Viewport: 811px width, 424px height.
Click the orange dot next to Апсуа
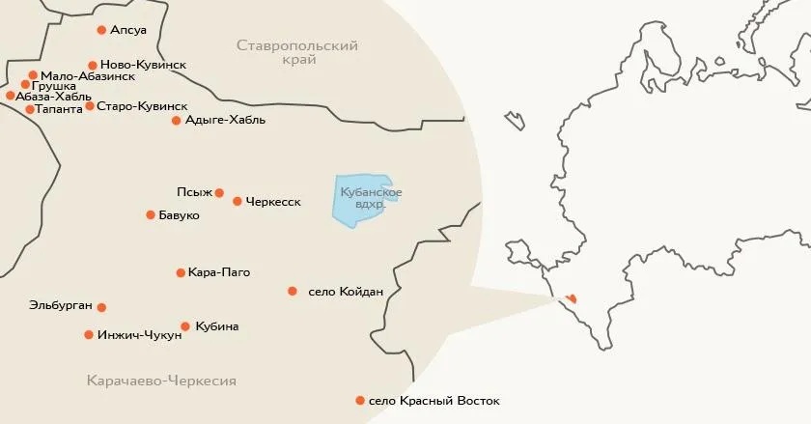(x=102, y=31)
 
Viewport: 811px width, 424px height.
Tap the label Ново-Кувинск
(x=143, y=65)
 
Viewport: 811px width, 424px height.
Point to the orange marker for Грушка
(x=25, y=85)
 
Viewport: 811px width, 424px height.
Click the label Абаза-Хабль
(x=54, y=97)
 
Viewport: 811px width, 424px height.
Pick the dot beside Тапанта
(x=30, y=109)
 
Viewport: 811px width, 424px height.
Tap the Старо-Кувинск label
(x=143, y=105)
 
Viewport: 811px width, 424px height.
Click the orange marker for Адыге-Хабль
(x=176, y=121)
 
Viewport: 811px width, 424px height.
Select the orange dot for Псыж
(x=219, y=192)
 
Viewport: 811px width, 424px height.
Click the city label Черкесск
(x=273, y=202)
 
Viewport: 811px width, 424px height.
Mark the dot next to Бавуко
(x=151, y=214)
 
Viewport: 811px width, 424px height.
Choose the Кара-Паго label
(x=219, y=272)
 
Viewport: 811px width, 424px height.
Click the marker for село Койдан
(x=293, y=291)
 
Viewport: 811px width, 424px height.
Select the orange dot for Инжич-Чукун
(x=89, y=335)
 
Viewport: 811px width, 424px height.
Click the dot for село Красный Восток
(x=360, y=400)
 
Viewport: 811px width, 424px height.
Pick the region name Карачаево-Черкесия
(x=160, y=381)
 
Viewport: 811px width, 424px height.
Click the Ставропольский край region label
(x=297, y=52)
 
